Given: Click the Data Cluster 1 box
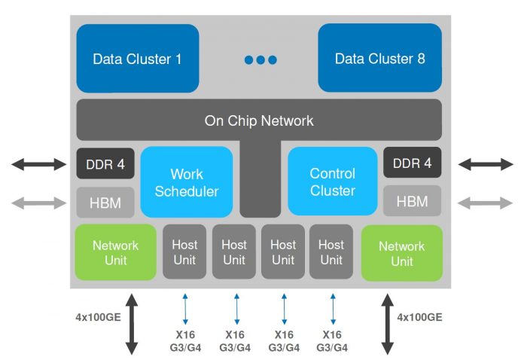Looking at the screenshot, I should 137,58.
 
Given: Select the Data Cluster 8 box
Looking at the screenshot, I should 379,58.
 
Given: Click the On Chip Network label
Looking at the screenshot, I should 259,121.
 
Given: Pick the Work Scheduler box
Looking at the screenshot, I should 187,182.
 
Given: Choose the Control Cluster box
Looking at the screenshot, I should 332,182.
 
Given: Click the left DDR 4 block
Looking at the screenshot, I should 105,163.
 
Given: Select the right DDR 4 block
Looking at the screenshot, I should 412,163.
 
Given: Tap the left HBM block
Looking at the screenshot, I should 105,201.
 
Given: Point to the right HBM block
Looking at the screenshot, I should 412,201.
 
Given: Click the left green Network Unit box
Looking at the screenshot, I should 115,253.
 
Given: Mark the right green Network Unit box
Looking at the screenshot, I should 401,253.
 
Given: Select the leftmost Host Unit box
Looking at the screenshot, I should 184,252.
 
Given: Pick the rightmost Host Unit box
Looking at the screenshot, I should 331,252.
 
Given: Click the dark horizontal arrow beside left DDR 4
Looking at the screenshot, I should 38,163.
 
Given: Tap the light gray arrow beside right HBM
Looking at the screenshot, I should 486,201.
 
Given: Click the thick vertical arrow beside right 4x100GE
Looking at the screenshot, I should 388,324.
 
